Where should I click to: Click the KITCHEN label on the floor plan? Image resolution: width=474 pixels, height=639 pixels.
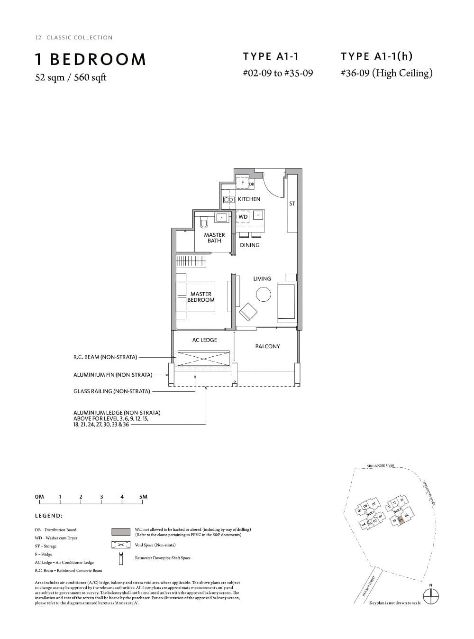[x=249, y=199]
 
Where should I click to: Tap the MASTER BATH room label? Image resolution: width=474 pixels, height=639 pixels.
[x=214, y=238]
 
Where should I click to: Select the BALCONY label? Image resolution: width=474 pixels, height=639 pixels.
[x=267, y=346]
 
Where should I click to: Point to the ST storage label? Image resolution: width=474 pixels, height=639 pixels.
[x=292, y=204]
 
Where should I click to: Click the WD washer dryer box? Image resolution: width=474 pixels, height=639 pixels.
[x=243, y=217]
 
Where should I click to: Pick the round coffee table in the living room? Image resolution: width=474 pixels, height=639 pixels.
[x=263, y=295]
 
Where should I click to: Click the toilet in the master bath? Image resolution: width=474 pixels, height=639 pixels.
[x=204, y=222]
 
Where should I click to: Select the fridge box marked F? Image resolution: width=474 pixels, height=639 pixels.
[x=243, y=183]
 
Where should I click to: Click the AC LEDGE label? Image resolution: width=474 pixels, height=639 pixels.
[x=205, y=340]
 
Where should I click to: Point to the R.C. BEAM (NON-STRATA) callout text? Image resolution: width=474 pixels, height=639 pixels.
[x=105, y=357]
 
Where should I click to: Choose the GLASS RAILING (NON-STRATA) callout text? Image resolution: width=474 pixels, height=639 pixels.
[x=111, y=391]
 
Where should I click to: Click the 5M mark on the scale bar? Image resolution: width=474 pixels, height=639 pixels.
[x=143, y=497]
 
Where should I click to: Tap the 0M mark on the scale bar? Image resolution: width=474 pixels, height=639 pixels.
[x=39, y=497]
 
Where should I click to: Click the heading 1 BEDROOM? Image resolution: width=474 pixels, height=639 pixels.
[x=91, y=59]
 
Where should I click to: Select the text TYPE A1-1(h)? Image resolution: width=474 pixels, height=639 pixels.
[x=376, y=56]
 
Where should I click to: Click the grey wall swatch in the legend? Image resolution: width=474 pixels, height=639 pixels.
[x=120, y=532]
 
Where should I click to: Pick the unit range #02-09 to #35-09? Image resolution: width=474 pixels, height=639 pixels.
[x=277, y=73]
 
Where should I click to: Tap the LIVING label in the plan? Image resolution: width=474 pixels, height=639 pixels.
[x=262, y=279]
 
